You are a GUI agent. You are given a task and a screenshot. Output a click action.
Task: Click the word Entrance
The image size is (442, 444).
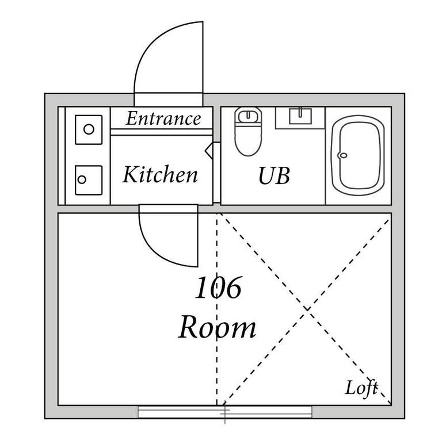[163, 118]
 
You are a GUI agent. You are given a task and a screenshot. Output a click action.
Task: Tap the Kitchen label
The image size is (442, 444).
[160, 174]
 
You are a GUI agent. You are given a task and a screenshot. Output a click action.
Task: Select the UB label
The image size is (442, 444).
[274, 175]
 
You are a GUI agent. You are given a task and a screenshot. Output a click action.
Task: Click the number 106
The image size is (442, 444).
[218, 288]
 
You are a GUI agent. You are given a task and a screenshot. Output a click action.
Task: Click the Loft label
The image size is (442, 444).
[361, 388]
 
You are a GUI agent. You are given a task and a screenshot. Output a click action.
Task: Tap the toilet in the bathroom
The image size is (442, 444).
[248, 131]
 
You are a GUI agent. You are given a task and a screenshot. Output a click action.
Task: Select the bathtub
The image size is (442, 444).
[358, 155]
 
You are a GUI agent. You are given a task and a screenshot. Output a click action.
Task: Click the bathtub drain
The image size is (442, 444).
[343, 155]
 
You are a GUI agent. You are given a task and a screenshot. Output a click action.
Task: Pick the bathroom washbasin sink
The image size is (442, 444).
[300, 117]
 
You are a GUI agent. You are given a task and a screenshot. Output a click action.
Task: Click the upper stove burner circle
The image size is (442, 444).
[89, 129]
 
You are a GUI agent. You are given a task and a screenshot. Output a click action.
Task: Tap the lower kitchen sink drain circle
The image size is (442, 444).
[82, 179]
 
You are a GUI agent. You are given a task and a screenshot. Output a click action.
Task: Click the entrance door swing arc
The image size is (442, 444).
[150, 48]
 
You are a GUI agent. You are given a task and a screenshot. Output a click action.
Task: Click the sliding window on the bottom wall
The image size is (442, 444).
[225, 412]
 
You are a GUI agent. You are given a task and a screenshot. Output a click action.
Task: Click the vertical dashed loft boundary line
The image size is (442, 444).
[217, 309]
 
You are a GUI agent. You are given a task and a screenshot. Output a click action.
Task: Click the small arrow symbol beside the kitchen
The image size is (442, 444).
[209, 150]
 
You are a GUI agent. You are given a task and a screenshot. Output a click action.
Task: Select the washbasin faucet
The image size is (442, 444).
[300, 112]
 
